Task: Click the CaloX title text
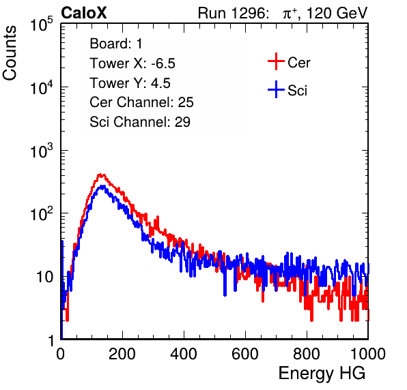point(83,13)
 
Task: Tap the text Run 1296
point(231,13)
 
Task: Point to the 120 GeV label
point(337,13)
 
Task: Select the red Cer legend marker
point(276,61)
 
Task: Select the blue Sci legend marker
point(276,89)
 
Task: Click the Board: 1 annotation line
point(116,44)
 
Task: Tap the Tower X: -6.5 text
point(132,63)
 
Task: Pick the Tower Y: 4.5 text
point(130,83)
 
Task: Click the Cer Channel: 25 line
point(141,102)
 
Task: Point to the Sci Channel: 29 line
point(140,122)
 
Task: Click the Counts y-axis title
point(10,53)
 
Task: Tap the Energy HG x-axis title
point(322,374)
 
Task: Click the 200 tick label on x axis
point(122,354)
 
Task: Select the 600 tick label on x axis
point(245,354)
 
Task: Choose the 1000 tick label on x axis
point(368,354)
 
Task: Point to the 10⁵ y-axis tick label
point(42,25)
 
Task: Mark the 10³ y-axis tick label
point(42,151)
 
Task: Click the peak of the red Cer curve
point(100,175)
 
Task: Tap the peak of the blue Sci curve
point(102,186)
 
